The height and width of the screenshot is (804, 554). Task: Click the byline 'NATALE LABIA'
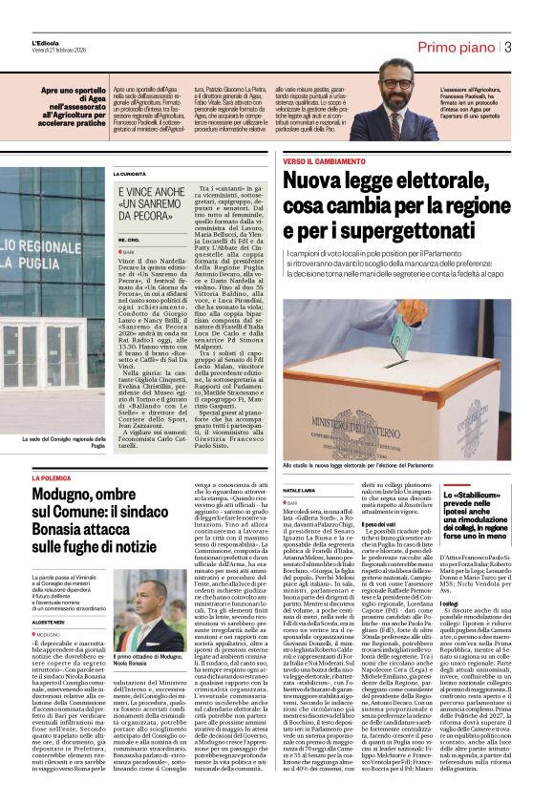coord(298,489)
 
